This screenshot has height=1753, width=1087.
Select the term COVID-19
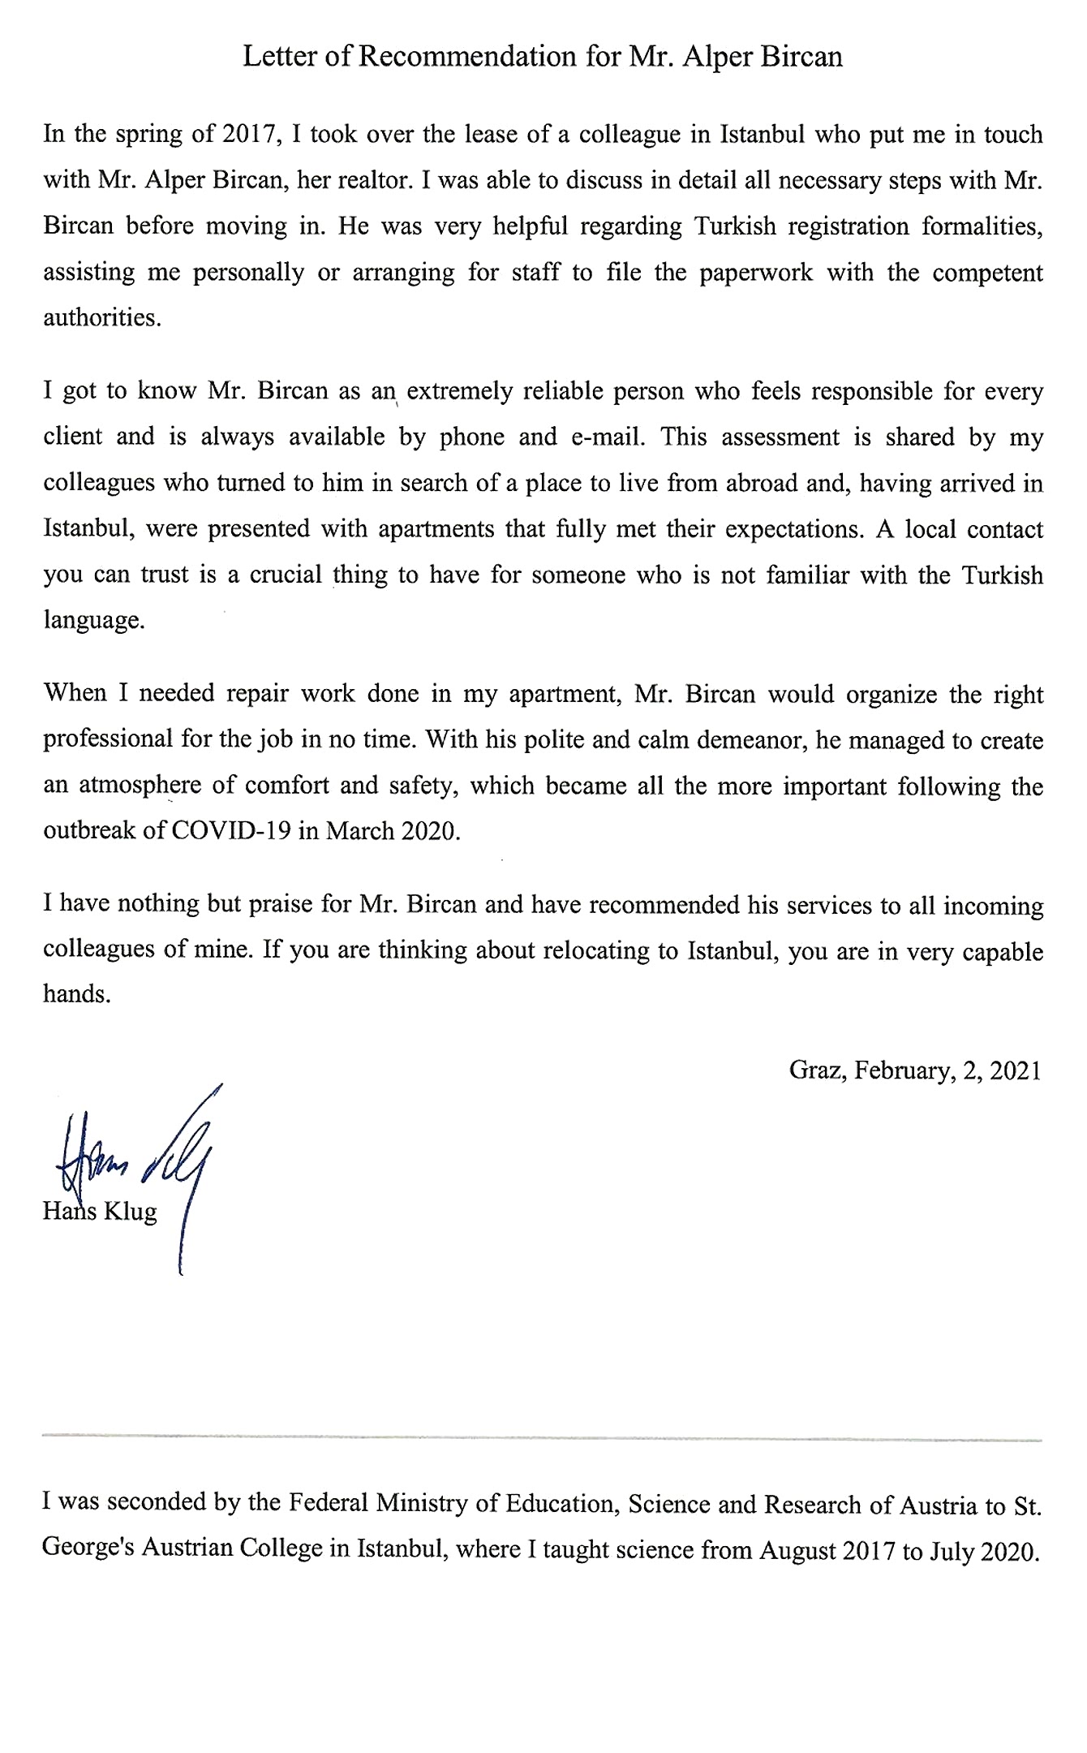coord(231,832)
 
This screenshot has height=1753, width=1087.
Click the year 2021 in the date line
coord(1015,1070)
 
